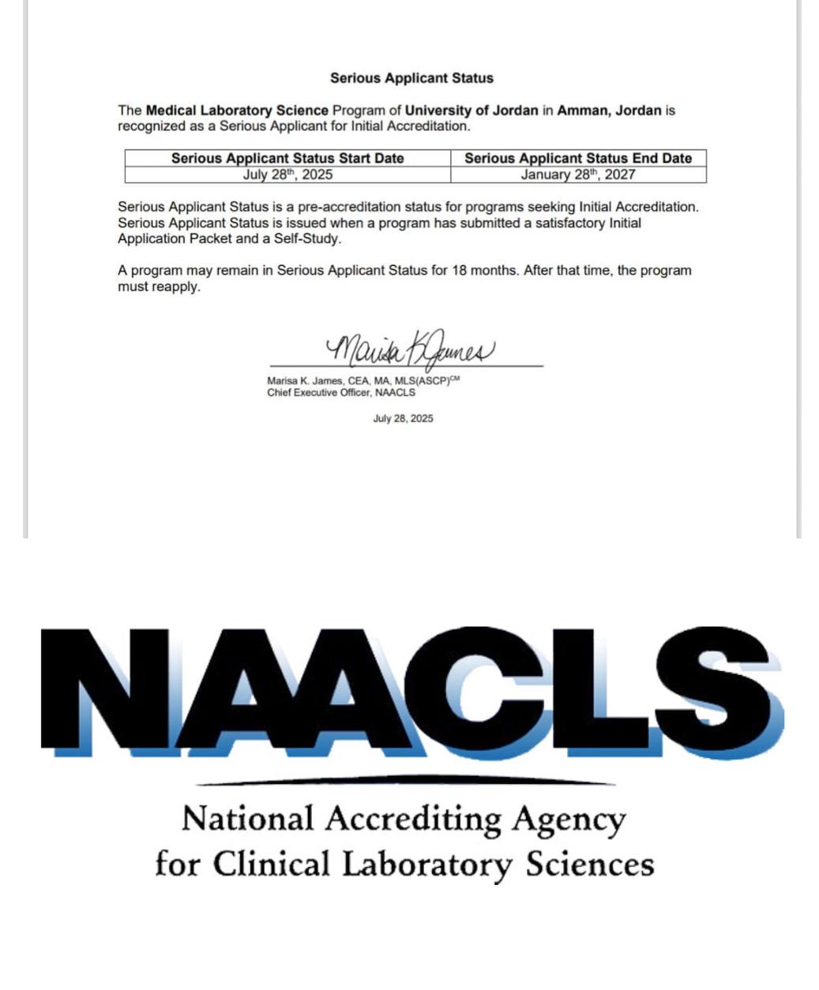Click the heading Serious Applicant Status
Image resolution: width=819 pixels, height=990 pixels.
411,78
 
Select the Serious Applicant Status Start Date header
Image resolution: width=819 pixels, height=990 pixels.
287,158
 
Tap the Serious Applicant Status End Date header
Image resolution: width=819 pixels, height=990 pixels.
578,158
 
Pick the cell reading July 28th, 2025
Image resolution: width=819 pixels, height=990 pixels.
287,174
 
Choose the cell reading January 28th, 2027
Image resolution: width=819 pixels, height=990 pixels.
578,174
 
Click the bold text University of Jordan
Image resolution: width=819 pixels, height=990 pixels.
471,111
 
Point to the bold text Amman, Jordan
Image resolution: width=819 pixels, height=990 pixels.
609,111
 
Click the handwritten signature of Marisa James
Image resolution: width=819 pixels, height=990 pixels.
410,350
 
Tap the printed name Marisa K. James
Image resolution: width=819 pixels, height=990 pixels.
305,381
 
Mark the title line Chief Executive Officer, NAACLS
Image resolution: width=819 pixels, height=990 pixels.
341,392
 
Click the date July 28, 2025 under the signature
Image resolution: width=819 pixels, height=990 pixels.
403,418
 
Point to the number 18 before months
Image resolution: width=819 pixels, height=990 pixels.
460,270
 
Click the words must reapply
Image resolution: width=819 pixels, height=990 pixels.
160,287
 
